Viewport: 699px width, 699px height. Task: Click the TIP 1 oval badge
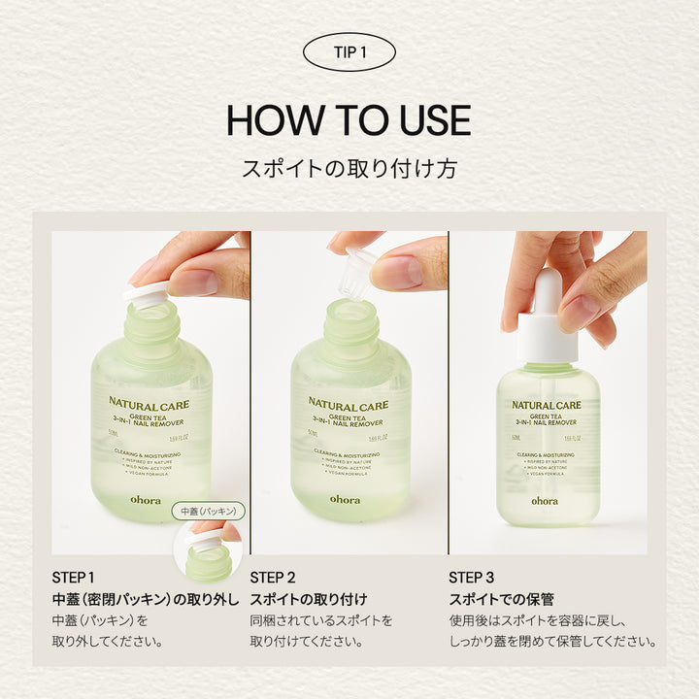(349, 52)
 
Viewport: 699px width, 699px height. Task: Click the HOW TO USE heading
(349, 120)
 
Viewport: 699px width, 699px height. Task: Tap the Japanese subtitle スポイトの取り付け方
(349, 168)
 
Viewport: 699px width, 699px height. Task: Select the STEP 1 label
(74, 578)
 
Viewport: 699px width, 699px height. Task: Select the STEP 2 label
(273, 578)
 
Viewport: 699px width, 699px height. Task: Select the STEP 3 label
(472, 578)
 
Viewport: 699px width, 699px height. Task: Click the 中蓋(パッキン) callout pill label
(208, 510)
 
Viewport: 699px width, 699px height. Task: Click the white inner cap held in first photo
(146, 293)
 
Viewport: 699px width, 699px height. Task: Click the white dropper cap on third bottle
(547, 320)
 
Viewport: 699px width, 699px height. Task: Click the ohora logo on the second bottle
(345, 500)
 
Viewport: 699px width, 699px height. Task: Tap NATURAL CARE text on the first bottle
(150, 405)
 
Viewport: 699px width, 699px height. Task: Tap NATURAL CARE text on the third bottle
(547, 405)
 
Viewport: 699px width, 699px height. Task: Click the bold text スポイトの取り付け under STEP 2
(309, 599)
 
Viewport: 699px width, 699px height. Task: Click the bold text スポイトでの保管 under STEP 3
(501, 599)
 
